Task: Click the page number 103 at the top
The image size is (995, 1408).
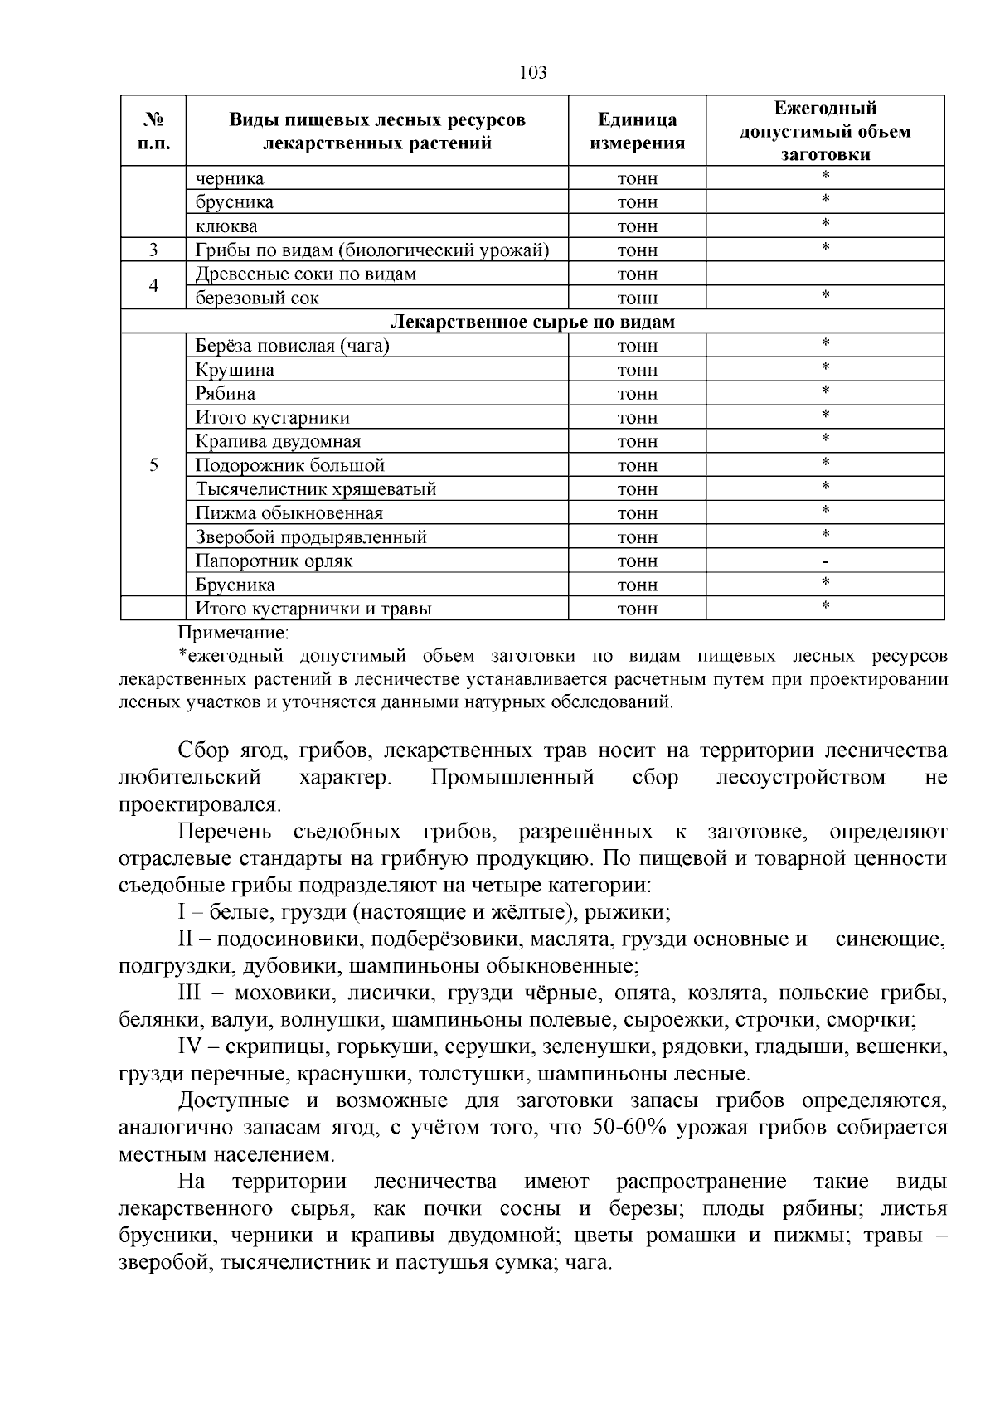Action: (533, 73)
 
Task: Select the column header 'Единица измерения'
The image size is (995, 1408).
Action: (637, 131)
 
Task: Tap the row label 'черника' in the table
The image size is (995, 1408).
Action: (230, 178)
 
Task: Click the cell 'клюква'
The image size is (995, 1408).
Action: (226, 226)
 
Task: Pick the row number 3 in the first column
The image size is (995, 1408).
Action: (153, 250)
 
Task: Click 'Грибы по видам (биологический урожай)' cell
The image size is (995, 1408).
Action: (372, 250)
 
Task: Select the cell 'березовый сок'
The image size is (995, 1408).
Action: (257, 298)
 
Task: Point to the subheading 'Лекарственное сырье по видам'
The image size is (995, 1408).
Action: (532, 322)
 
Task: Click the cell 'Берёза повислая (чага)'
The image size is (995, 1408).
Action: (292, 346)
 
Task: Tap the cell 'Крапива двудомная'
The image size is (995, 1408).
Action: (278, 441)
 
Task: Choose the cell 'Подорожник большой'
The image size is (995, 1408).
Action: (289, 465)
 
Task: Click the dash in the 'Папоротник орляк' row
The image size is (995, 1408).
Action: (825, 562)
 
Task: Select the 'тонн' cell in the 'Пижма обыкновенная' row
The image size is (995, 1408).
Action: (637, 513)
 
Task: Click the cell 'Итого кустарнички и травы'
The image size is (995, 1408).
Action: (313, 609)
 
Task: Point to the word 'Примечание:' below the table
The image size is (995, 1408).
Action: (233, 633)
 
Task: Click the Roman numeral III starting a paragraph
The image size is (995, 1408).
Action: (190, 993)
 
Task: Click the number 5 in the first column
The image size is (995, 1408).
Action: (153, 465)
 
